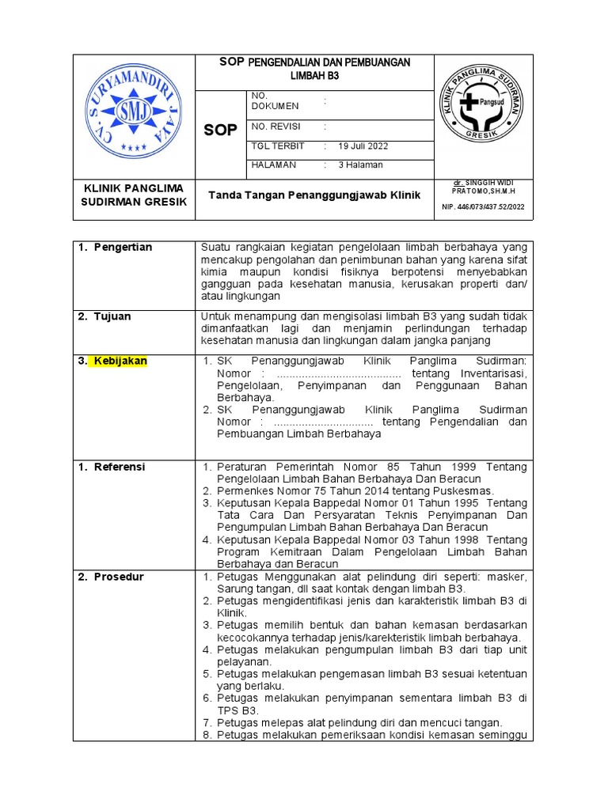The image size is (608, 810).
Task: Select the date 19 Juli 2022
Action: [x=363, y=146]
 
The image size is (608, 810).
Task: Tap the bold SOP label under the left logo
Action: [x=220, y=131]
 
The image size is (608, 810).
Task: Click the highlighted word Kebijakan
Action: [x=121, y=361]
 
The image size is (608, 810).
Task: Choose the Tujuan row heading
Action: [x=112, y=316]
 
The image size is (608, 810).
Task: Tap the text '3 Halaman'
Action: [x=360, y=165]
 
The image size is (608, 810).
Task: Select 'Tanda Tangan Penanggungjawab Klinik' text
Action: [x=314, y=195]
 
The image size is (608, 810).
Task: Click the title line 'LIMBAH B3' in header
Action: [x=314, y=75]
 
